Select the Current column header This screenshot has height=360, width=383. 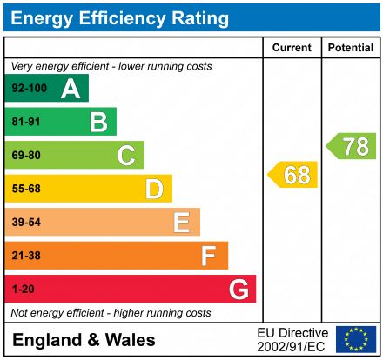(292, 48)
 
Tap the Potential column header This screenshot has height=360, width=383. (351, 48)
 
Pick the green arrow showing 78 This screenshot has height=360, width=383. (353, 146)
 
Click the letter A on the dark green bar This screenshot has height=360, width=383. (71, 89)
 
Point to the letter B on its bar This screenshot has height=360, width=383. (98, 123)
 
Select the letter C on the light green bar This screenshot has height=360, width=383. (126, 156)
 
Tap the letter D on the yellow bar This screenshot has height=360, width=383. (154, 189)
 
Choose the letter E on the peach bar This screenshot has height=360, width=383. (181, 223)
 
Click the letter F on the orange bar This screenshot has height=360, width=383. (209, 256)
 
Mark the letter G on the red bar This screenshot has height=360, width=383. (238, 289)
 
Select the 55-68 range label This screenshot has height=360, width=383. (26, 189)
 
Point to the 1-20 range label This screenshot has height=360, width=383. (24, 289)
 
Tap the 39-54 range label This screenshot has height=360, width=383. (26, 223)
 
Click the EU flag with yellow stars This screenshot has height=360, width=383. (356, 339)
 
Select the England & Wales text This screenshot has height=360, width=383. (84, 340)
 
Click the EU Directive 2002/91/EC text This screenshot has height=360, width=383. (292, 339)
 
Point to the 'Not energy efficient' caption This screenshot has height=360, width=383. (111, 312)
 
